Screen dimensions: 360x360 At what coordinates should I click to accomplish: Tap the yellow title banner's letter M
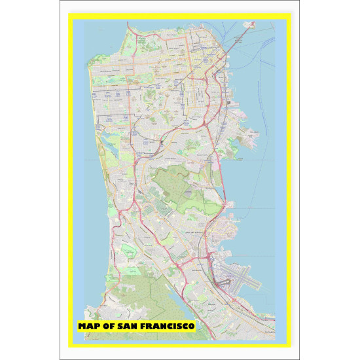82,325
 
